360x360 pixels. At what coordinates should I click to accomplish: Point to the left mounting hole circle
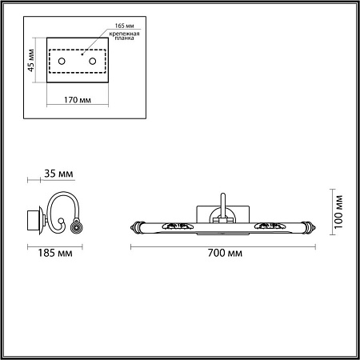pyautogui.click(x=61, y=62)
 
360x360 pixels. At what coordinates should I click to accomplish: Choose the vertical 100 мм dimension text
pyautogui.click(x=338, y=210)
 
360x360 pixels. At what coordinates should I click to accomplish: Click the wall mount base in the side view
pyautogui.click(x=33, y=217)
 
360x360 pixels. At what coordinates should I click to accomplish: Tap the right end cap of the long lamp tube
pyautogui.click(x=312, y=226)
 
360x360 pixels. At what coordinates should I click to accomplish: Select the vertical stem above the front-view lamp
pyautogui.click(x=223, y=205)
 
